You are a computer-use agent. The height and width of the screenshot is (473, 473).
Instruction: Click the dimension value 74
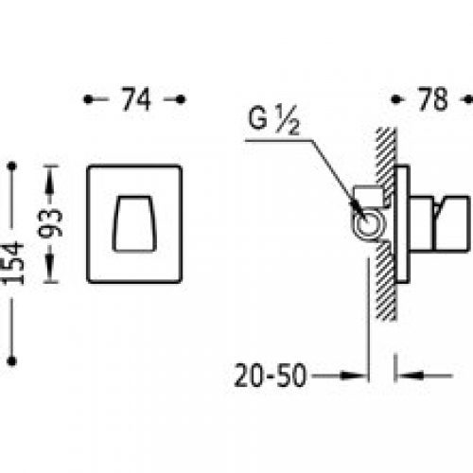click(x=136, y=99)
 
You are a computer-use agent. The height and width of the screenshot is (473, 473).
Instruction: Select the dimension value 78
click(x=432, y=99)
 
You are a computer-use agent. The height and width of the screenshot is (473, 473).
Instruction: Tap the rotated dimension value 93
click(x=50, y=223)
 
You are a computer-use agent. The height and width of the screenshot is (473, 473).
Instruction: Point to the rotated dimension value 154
click(x=13, y=263)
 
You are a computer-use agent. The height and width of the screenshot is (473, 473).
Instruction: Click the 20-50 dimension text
click(x=271, y=376)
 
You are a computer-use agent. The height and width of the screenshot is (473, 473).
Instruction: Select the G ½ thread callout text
click(x=273, y=120)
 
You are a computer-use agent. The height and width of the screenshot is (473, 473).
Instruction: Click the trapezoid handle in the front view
click(x=134, y=224)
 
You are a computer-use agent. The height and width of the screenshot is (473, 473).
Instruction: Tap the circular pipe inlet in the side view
click(x=368, y=225)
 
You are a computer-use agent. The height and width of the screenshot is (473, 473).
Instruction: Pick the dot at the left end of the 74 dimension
click(x=88, y=99)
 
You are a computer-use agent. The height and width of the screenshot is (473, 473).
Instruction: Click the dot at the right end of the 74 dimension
click(x=181, y=99)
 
